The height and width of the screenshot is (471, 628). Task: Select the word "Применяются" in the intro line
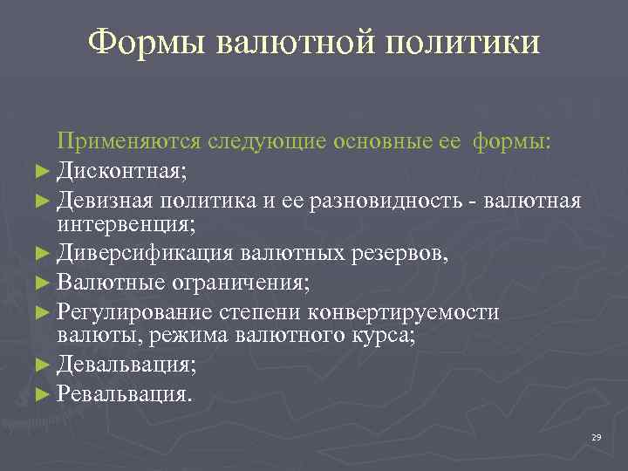(x=126, y=142)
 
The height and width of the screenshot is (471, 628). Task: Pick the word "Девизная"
(x=104, y=201)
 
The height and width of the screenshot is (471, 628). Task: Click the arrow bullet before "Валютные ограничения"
(x=48, y=283)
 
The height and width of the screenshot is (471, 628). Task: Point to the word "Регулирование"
(x=135, y=312)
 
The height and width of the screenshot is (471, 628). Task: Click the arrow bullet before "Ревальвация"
(x=48, y=394)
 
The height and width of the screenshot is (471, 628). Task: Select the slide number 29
(x=596, y=437)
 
